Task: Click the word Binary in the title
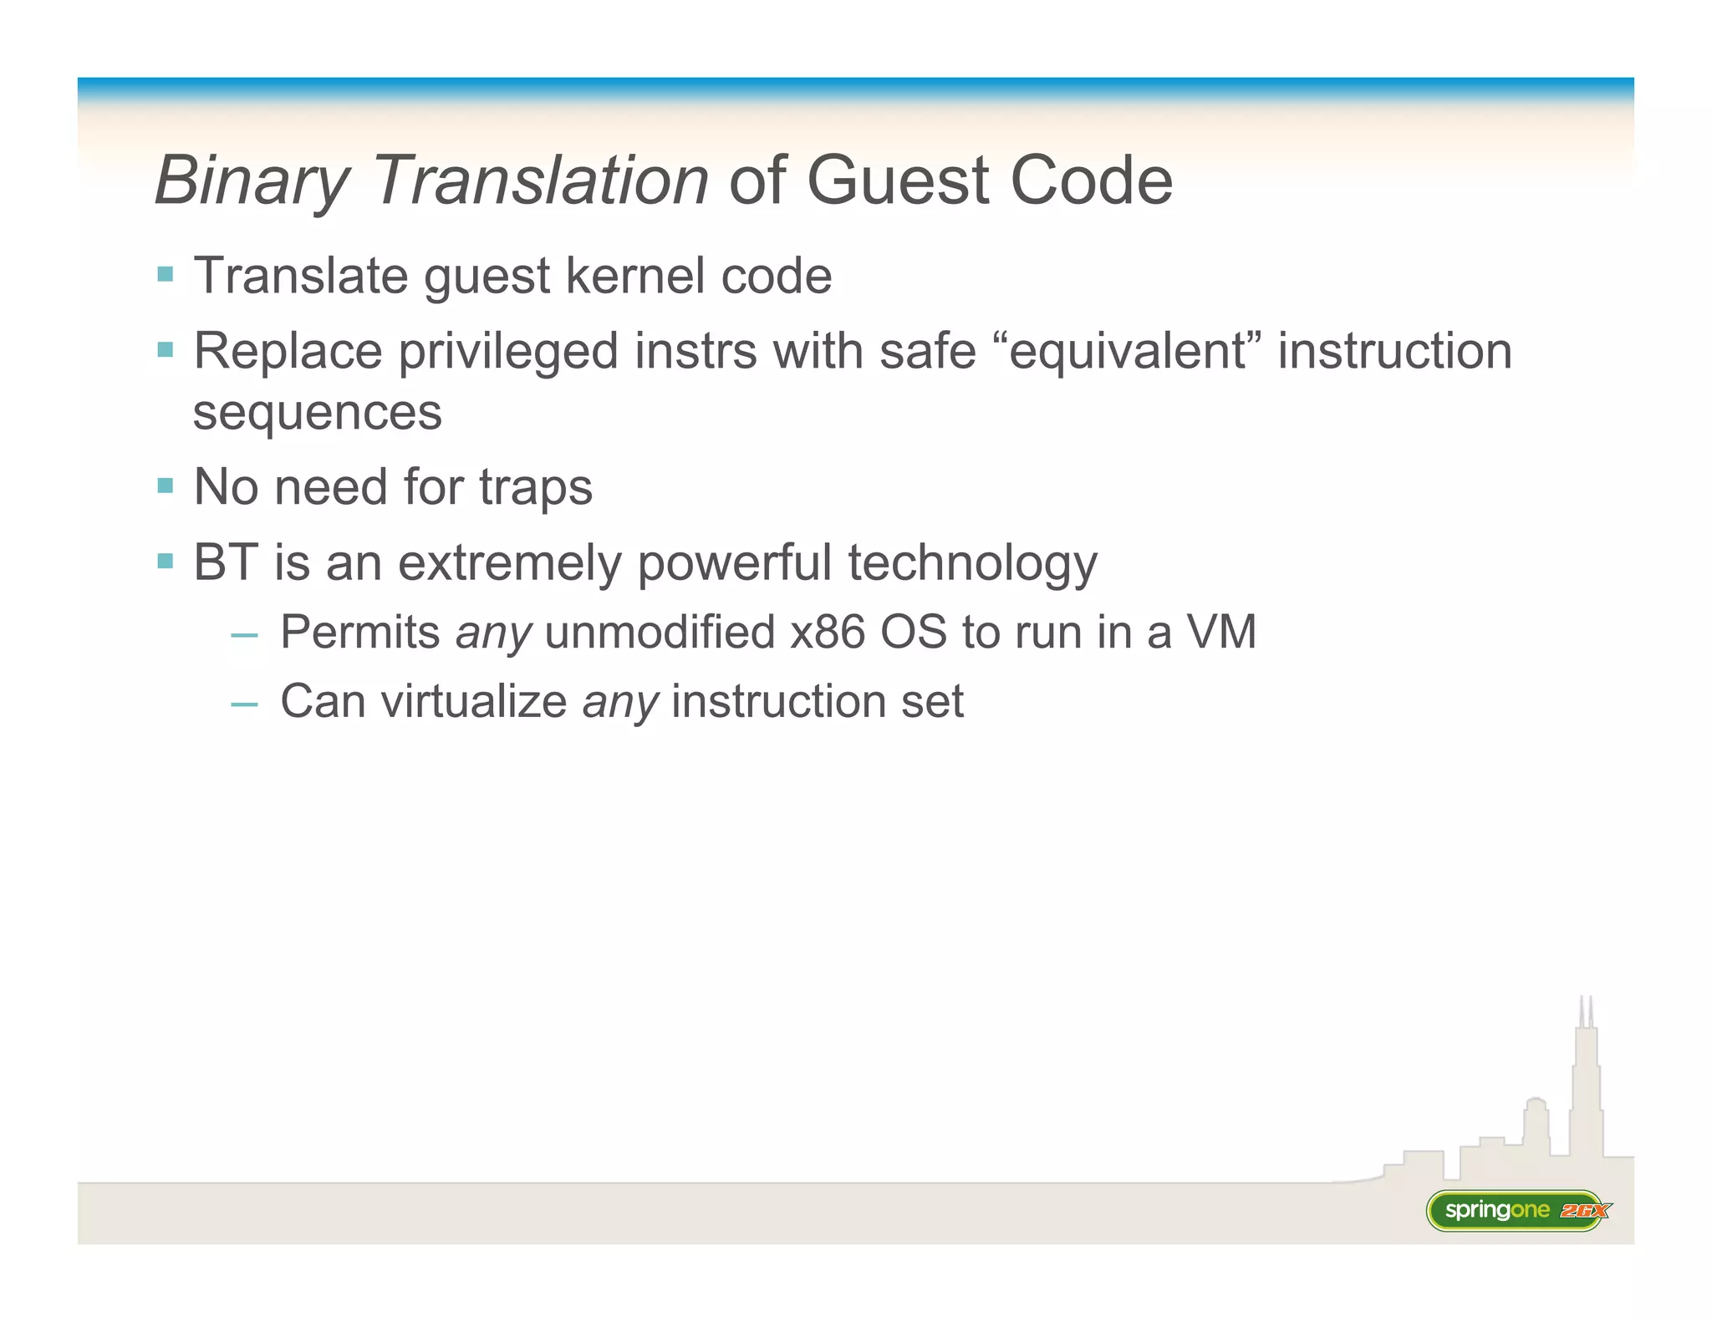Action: (x=252, y=181)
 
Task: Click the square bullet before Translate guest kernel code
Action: (x=165, y=274)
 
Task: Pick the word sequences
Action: (x=317, y=412)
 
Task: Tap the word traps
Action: (x=535, y=487)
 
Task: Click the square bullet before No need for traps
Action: (x=165, y=486)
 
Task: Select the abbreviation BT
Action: (x=225, y=562)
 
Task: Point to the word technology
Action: (x=972, y=564)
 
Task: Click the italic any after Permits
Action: (x=493, y=633)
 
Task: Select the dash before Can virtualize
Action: (x=244, y=704)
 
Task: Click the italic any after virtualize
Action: (x=620, y=703)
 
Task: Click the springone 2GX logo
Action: (x=1516, y=1210)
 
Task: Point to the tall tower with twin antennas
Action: (x=1585, y=1078)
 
